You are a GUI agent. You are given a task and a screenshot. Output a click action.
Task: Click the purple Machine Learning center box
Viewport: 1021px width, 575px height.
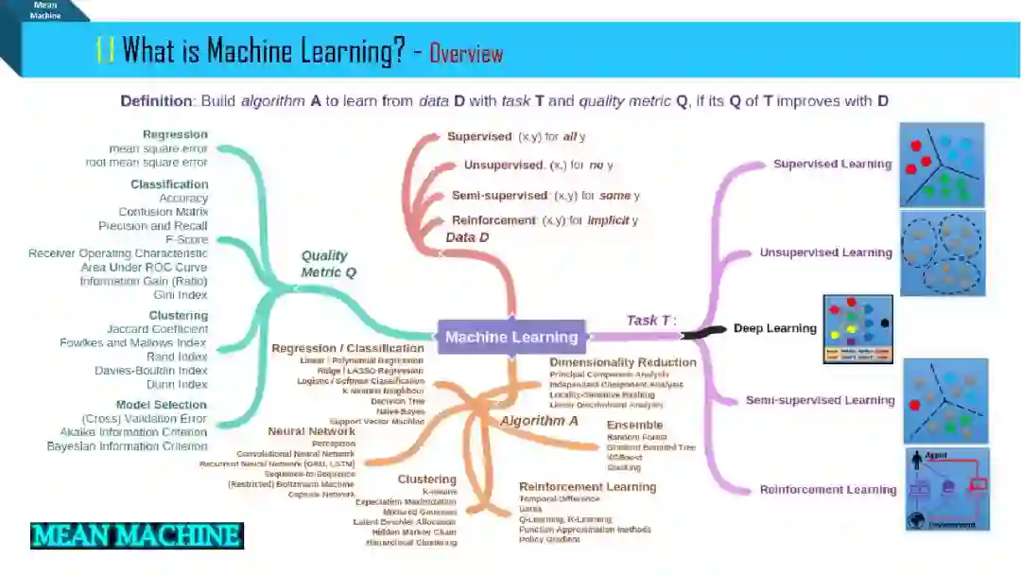coord(511,337)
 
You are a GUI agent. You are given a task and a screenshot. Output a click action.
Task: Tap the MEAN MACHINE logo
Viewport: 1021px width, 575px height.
coord(137,536)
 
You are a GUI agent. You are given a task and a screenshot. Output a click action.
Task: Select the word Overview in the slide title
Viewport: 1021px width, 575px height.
coord(466,53)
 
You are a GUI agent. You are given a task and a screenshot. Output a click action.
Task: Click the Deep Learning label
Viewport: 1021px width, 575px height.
coord(774,328)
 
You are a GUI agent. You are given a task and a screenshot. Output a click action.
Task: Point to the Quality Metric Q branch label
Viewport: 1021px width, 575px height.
coord(324,264)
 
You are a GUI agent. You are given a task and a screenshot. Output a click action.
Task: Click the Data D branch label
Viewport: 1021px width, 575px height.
coord(467,238)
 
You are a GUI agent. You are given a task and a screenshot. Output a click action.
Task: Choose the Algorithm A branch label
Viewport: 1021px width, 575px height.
coord(539,421)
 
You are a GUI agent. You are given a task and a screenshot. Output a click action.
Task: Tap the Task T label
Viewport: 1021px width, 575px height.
coord(651,321)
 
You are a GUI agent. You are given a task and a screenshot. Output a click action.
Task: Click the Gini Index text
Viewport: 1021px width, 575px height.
coord(181,295)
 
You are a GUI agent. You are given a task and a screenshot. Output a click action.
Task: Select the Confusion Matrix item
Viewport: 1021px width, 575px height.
coord(163,212)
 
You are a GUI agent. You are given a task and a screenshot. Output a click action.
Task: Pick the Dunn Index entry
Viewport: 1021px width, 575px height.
coord(178,384)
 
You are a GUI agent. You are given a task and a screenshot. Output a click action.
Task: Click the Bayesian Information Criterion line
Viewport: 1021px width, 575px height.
coord(127,445)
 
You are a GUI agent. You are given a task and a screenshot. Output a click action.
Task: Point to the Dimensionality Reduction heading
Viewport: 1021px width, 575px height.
coord(622,362)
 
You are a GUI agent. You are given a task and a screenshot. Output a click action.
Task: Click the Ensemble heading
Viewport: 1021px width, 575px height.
coord(634,425)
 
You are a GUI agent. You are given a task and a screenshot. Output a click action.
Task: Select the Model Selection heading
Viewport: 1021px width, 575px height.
coord(161,405)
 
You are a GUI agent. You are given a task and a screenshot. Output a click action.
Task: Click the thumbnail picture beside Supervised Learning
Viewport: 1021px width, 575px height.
coord(942,165)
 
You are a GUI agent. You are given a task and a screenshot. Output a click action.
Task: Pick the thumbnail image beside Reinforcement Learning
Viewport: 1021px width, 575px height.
coord(947,489)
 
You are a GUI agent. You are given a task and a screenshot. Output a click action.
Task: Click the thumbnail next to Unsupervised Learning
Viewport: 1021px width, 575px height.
coord(942,253)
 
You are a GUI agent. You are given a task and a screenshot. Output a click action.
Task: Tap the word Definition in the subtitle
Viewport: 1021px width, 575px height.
coord(156,101)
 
